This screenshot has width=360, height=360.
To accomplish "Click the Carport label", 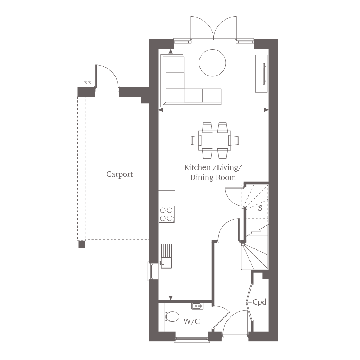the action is pyautogui.click(x=120, y=174).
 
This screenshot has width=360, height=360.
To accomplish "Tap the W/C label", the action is pyautogui.click(x=192, y=321).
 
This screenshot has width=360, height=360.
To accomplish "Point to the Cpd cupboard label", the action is pyautogui.click(x=260, y=302).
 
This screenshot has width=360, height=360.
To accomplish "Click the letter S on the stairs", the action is pyautogui.click(x=260, y=208).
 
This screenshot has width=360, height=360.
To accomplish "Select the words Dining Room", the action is pyautogui.click(x=213, y=177).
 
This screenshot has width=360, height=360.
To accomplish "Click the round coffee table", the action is pyautogui.click(x=212, y=63).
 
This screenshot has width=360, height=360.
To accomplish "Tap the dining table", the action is pyautogui.click(x=215, y=140).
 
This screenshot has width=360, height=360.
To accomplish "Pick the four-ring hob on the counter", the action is pyautogui.click(x=166, y=214).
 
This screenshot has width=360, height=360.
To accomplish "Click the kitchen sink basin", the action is pyautogui.click(x=166, y=263).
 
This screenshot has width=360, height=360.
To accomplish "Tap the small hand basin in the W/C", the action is pyautogui.click(x=197, y=306).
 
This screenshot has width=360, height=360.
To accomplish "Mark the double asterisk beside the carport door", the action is pyautogui.click(x=87, y=82).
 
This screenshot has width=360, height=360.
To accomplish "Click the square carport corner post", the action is pyautogui.click(x=81, y=244).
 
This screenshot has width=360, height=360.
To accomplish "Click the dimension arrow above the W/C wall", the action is pyautogui.click(x=171, y=298).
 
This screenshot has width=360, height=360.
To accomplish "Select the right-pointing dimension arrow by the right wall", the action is pyautogui.click(x=266, y=110).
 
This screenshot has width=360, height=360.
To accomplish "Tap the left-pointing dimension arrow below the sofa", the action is pyautogui.click(x=161, y=110).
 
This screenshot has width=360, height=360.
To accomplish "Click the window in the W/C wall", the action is pyautogui.click(x=192, y=339).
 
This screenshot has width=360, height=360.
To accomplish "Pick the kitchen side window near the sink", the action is pyautogui.click(x=151, y=271).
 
